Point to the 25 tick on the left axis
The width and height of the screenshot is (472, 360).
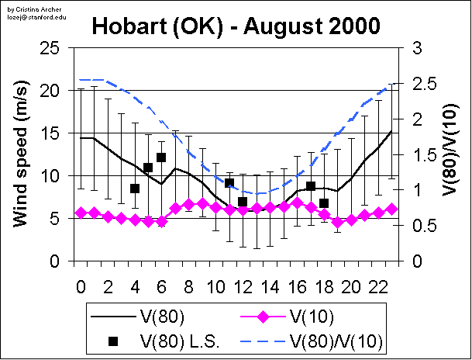click(x=51, y=48)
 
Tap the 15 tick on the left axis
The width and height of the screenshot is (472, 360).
click(x=51, y=133)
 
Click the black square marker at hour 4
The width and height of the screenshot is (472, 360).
click(x=134, y=189)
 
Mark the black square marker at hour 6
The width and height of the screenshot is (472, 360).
click(x=161, y=157)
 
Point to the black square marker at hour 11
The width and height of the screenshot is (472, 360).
click(x=229, y=183)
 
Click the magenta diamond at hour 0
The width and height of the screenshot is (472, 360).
click(x=81, y=213)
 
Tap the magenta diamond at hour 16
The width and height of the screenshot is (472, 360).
click(x=297, y=203)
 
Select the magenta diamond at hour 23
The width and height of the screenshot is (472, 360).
click(x=391, y=209)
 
